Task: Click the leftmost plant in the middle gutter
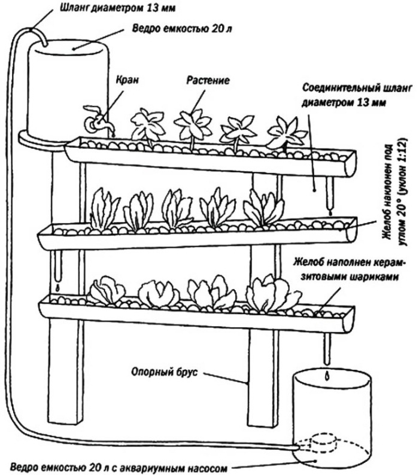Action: pyautogui.click(x=105, y=209)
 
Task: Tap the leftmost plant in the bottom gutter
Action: pyautogui.click(x=106, y=291)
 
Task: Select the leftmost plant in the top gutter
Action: pyautogui.click(x=147, y=126)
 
